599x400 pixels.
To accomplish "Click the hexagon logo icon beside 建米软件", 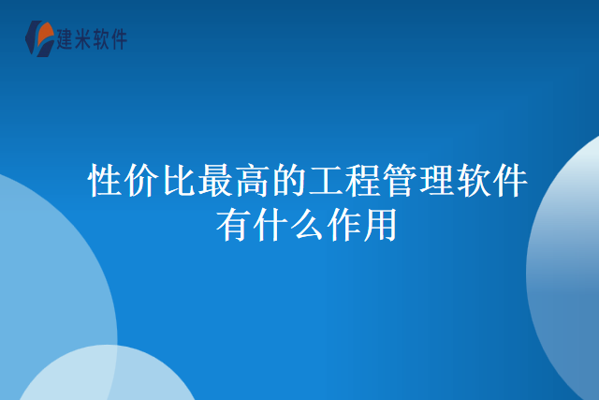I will [40, 37].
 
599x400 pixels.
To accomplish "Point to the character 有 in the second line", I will [233, 226].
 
